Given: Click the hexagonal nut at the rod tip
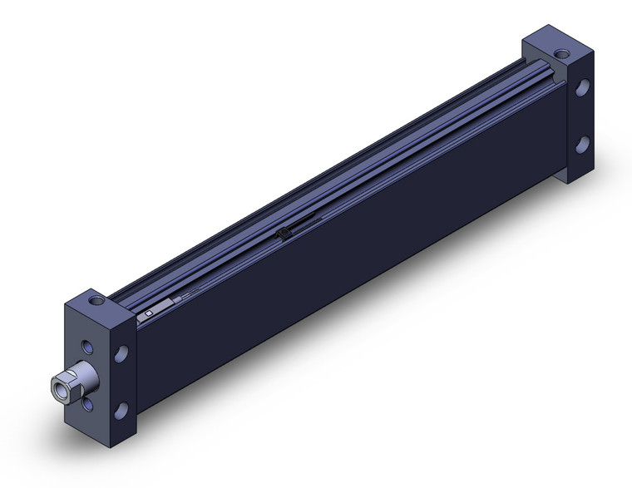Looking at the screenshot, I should point(62,386).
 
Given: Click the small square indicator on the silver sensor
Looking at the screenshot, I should point(148,313).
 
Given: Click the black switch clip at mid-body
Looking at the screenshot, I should point(284,234).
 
